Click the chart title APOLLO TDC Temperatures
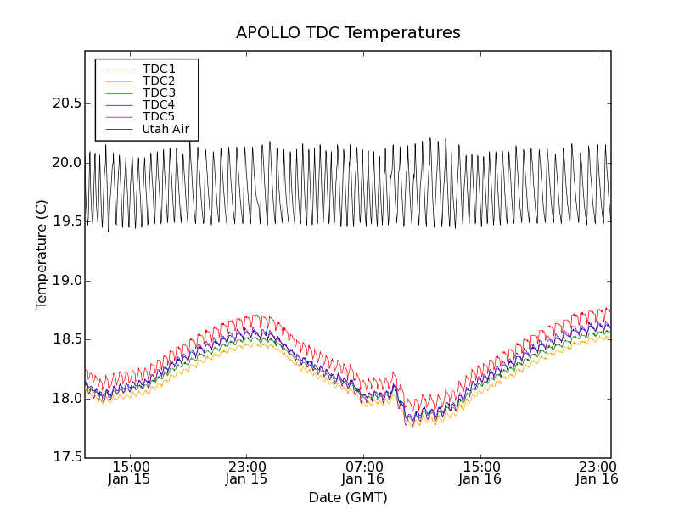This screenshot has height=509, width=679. pos(348,33)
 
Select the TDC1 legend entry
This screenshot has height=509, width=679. pos(159,69)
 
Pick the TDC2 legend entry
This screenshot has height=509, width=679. pos(159,81)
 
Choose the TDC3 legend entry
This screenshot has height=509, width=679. pos(159,92)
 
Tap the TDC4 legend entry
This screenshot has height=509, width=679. pos(159,104)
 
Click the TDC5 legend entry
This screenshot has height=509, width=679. pos(159,116)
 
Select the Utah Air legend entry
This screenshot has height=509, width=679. pos(166,129)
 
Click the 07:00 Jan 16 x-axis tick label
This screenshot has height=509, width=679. pos(363,473)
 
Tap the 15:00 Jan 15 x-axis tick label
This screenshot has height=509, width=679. pos(130,473)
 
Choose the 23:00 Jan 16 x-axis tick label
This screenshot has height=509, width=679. pos(597,473)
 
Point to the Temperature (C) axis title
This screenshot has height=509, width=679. pos(42,255)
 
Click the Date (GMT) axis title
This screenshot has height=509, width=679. pos(348,497)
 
